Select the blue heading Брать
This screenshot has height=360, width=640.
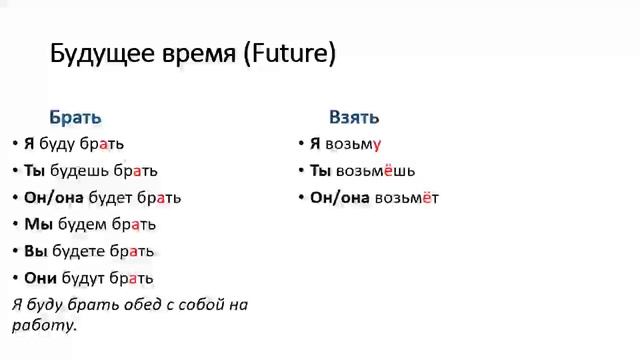coord(75,117)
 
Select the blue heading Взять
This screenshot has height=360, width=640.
coord(354,117)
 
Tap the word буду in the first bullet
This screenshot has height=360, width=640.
coord(59,144)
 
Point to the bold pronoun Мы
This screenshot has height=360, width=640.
coord(38,224)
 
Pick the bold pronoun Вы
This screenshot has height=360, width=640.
coord(36,251)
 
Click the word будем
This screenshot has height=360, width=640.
coord(78,224)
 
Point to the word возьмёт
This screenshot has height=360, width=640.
coord(406,198)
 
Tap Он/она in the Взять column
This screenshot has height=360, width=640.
coord(340,198)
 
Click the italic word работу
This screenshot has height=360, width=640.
coord(44,325)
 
